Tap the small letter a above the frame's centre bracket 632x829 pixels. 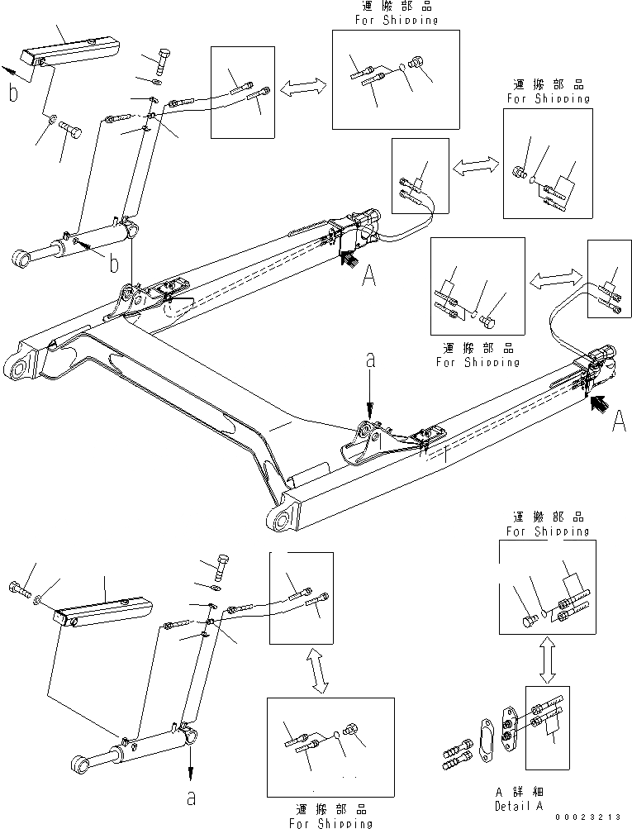(370, 360)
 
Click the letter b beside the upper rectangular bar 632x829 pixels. (12, 93)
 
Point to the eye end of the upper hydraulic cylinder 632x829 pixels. (22, 259)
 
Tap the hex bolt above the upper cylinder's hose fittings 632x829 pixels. (164, 61)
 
